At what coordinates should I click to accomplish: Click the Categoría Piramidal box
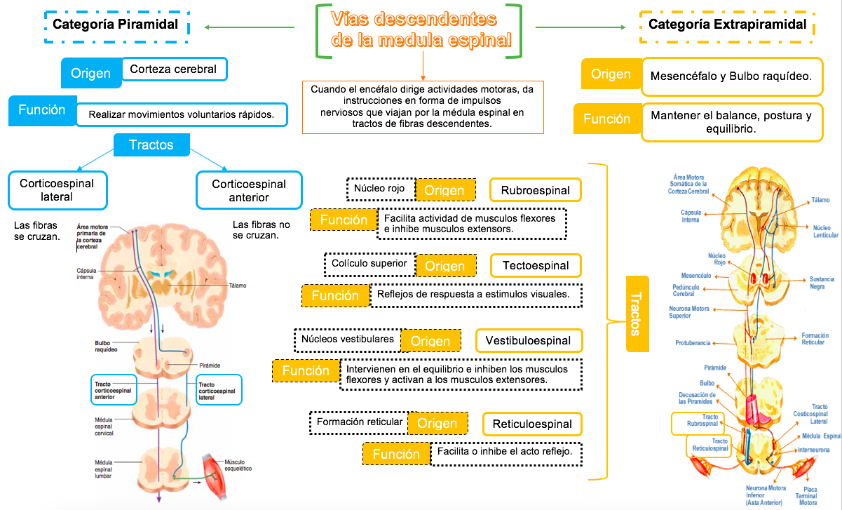click(116, 25)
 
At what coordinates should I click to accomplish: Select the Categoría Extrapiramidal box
click(727, 25)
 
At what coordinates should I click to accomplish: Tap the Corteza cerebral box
click(174, 69)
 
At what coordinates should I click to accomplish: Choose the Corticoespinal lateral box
click(57, 190)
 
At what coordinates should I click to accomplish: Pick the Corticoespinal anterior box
click(249, 190)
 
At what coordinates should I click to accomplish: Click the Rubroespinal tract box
click(536, 190)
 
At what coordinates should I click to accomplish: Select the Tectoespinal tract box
click(536, 265)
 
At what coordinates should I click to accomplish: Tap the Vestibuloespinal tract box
click(529, 340)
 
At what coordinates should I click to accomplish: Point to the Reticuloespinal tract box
click(532, 424)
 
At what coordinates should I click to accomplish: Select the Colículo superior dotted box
click(369, 264)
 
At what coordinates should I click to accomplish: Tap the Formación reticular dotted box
click(360, 422)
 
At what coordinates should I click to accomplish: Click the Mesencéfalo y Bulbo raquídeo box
click(731, 76)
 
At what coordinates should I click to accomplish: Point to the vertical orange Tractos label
click(636, 314)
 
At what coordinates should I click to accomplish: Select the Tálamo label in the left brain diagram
click(237, 286)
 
